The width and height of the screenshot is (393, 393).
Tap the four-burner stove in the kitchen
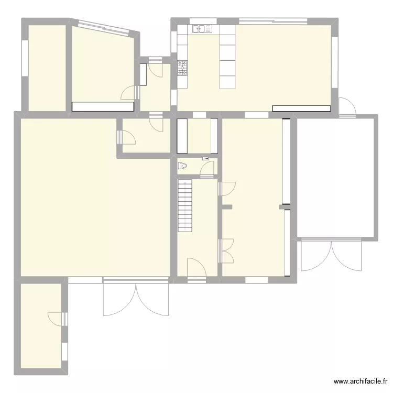(182, 68)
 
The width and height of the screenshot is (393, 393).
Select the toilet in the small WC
(182, 167)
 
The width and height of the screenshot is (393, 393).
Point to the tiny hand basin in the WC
(205, 158)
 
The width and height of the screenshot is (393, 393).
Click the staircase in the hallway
(185, 205)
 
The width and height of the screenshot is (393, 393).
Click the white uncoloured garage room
(335, 178)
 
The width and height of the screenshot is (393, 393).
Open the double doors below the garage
(331, 255)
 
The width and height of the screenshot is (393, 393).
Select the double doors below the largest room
(136, 299)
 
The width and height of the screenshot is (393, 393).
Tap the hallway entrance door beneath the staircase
(196, 268)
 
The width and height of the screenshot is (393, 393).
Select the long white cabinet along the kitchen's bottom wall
(301, 108)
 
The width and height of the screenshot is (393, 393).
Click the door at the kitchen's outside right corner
(347, 106)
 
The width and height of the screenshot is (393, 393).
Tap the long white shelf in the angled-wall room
(103, 106)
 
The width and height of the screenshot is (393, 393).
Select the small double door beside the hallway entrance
(226, 250)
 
